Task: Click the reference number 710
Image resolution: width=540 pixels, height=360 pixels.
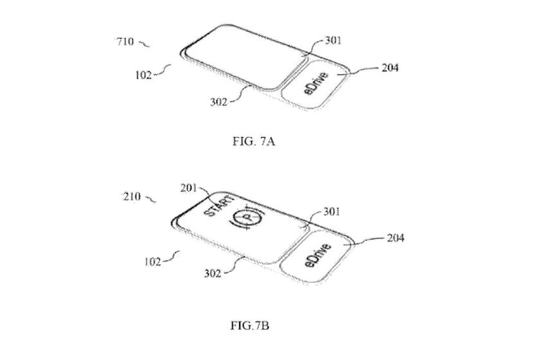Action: [125, 42]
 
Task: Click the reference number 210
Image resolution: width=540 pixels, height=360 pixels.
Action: [132, 196]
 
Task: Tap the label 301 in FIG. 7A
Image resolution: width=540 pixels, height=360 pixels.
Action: [333, 40]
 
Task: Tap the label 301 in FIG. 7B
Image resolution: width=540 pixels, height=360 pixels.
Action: [332, 211]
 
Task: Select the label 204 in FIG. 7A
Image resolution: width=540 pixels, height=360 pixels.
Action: [390, 68]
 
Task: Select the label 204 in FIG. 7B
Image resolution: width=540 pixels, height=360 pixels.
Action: [395, 238]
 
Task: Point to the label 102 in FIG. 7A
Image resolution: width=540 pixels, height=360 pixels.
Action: [143, 75]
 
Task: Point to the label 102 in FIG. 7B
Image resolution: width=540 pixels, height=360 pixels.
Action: [152, 262]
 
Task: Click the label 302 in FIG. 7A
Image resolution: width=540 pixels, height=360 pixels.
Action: [219, 102]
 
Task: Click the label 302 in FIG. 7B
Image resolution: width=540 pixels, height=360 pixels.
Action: [213, 273]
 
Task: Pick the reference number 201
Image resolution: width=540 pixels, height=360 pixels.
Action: [188, 188]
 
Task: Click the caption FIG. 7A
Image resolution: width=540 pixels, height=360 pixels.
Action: [254, 141]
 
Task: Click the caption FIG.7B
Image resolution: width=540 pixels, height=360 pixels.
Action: [249, 325]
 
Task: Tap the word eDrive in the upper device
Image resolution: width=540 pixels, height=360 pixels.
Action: [316, 84]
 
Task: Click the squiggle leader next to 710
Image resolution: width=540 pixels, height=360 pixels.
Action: [144, 44]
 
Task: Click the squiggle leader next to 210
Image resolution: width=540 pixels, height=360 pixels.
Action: [150, 199]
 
